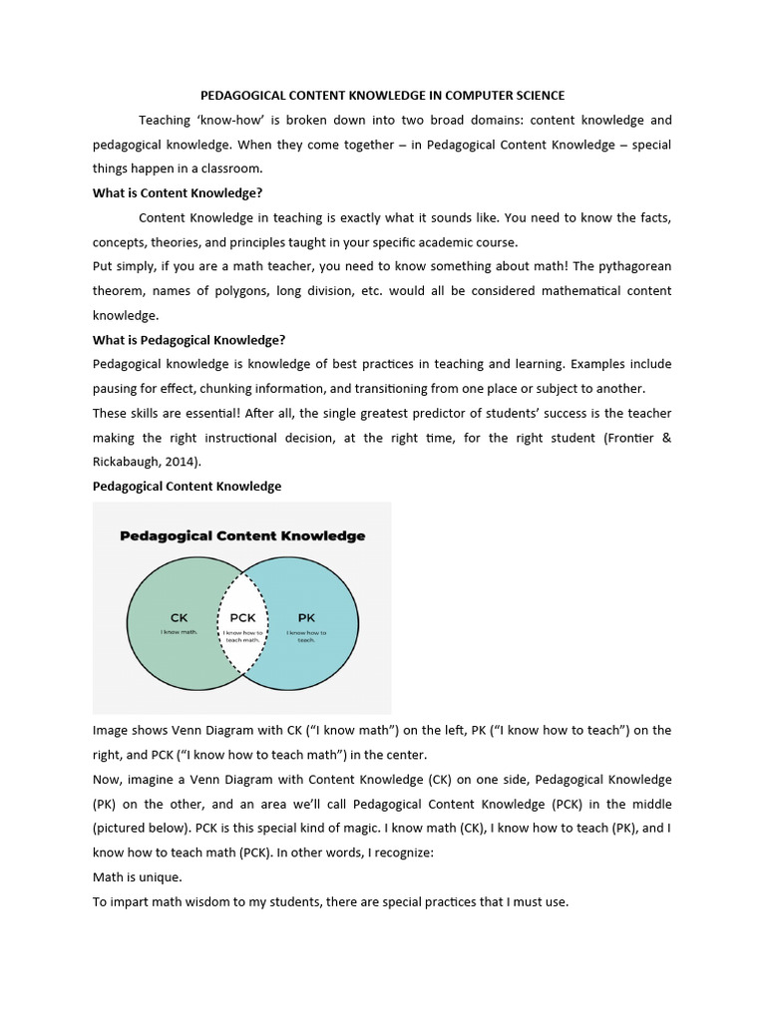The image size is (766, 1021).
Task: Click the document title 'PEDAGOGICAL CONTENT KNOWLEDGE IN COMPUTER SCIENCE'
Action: (383, 96)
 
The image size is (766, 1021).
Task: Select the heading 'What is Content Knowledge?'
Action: (178, 193)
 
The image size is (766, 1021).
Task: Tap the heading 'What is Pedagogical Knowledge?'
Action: (189, 339)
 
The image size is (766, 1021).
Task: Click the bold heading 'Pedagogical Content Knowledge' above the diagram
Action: (187, 486)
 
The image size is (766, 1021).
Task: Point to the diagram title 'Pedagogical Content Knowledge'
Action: (242, 535)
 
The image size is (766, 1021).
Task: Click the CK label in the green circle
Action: (180, 617)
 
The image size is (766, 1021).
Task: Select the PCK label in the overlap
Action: (242, 617)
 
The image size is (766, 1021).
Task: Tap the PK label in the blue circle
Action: (306, 617)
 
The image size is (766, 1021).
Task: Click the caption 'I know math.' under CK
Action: (180, 632)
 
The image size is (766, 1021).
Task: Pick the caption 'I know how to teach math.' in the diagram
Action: (242, 636)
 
